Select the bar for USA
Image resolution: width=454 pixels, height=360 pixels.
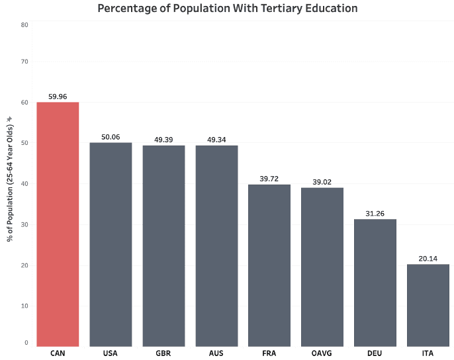111,244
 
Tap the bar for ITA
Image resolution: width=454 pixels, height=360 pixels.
428,304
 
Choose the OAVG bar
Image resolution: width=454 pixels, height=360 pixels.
322,267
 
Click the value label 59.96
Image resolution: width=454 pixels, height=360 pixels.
58,97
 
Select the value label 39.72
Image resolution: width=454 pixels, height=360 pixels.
269,179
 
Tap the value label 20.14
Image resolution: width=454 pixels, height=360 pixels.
428,259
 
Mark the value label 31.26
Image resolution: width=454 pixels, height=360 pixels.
375,214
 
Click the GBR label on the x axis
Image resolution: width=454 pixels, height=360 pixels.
163,353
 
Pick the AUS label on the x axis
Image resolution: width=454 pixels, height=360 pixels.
216,353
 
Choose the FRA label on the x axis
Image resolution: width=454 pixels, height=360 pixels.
269,353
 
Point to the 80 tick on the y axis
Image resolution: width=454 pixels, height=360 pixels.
24,24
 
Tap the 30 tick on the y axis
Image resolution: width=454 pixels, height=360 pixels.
24,225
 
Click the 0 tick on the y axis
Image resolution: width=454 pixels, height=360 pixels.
26,342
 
